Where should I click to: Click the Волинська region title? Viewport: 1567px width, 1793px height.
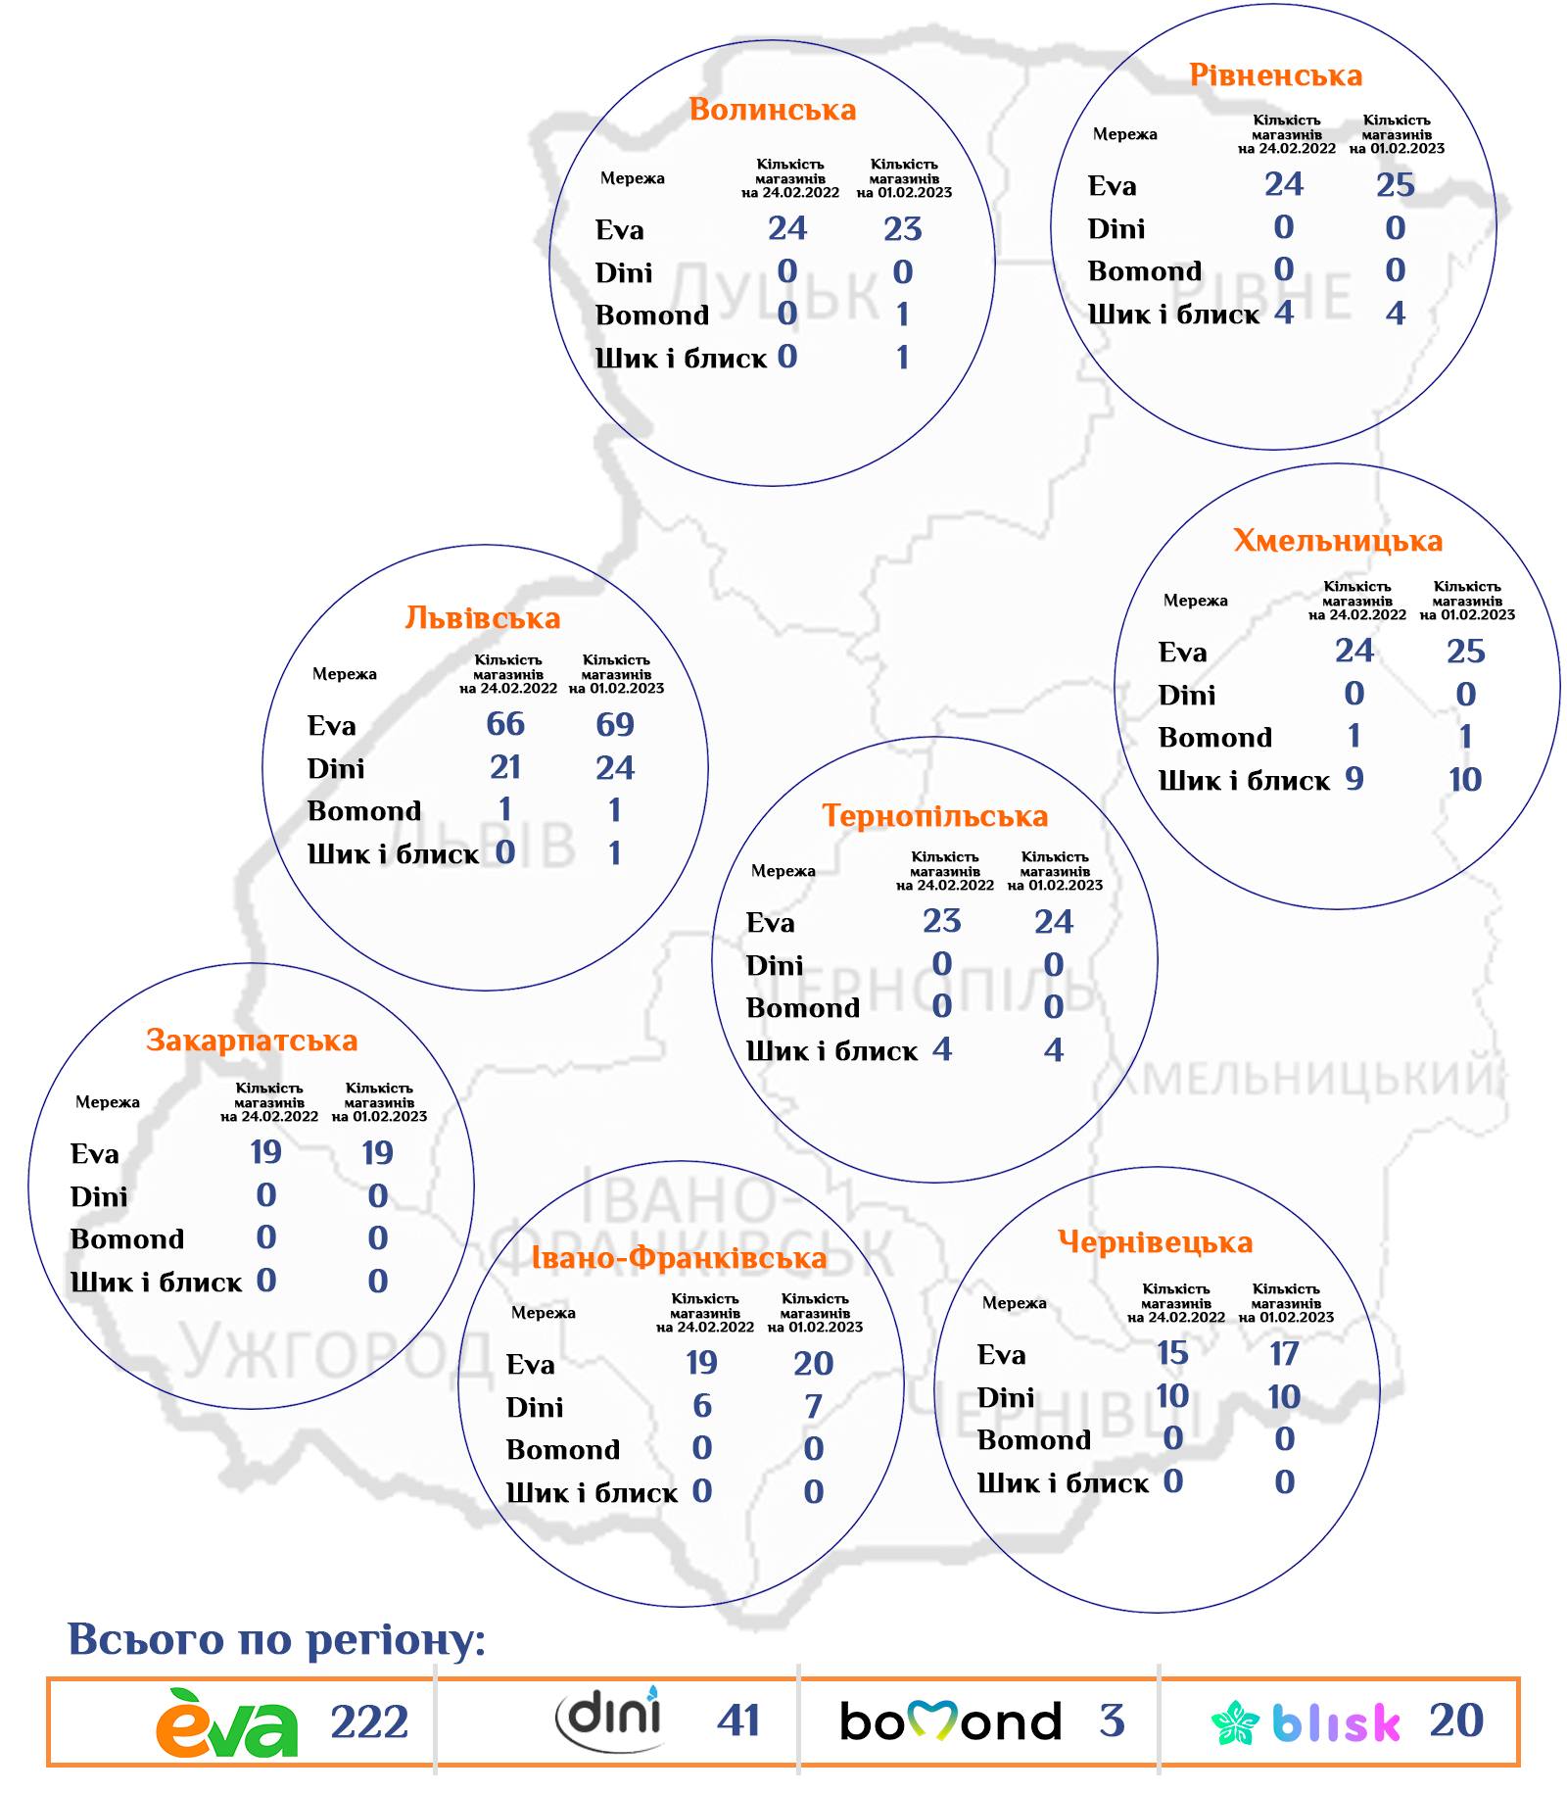[x=772, y=109]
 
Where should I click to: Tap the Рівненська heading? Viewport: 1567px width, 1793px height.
[x=1275, y=75]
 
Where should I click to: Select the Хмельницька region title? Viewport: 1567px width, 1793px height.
[x=1337, y=541]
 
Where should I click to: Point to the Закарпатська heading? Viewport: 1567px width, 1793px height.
[x=252, y=1040]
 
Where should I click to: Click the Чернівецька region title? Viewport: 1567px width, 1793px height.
[x=1155, y=1242]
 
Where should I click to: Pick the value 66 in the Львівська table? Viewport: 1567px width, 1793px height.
[x=505, y=724]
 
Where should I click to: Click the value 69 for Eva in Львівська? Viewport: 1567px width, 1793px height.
[x=615, y=725]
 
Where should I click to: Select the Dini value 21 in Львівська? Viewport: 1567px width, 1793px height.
[x=505, y=767]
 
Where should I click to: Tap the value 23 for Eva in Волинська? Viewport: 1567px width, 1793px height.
[x=902, y=229]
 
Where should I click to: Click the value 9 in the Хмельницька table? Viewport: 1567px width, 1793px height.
[x=1354, y=779]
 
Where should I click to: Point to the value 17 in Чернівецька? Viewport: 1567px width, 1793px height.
[x=1284, y=1354]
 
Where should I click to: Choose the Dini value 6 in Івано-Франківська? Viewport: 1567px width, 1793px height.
[x=702, y=1406]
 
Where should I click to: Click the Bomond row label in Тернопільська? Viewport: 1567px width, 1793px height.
[x=803, y=1008]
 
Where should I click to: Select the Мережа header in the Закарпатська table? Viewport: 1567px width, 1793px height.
[x=108, y=1102]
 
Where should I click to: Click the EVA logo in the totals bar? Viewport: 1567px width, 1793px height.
[x=227, y=1721]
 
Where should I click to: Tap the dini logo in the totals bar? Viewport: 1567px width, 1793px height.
[x=608, y=1719]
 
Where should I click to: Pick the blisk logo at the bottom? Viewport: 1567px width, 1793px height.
[x=1306, y=1721]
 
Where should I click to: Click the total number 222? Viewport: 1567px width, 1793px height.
[x=369, y=1722]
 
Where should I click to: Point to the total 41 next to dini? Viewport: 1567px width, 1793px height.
[x=738, y=1720]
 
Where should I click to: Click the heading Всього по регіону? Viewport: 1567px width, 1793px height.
[x=276, y=1639]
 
